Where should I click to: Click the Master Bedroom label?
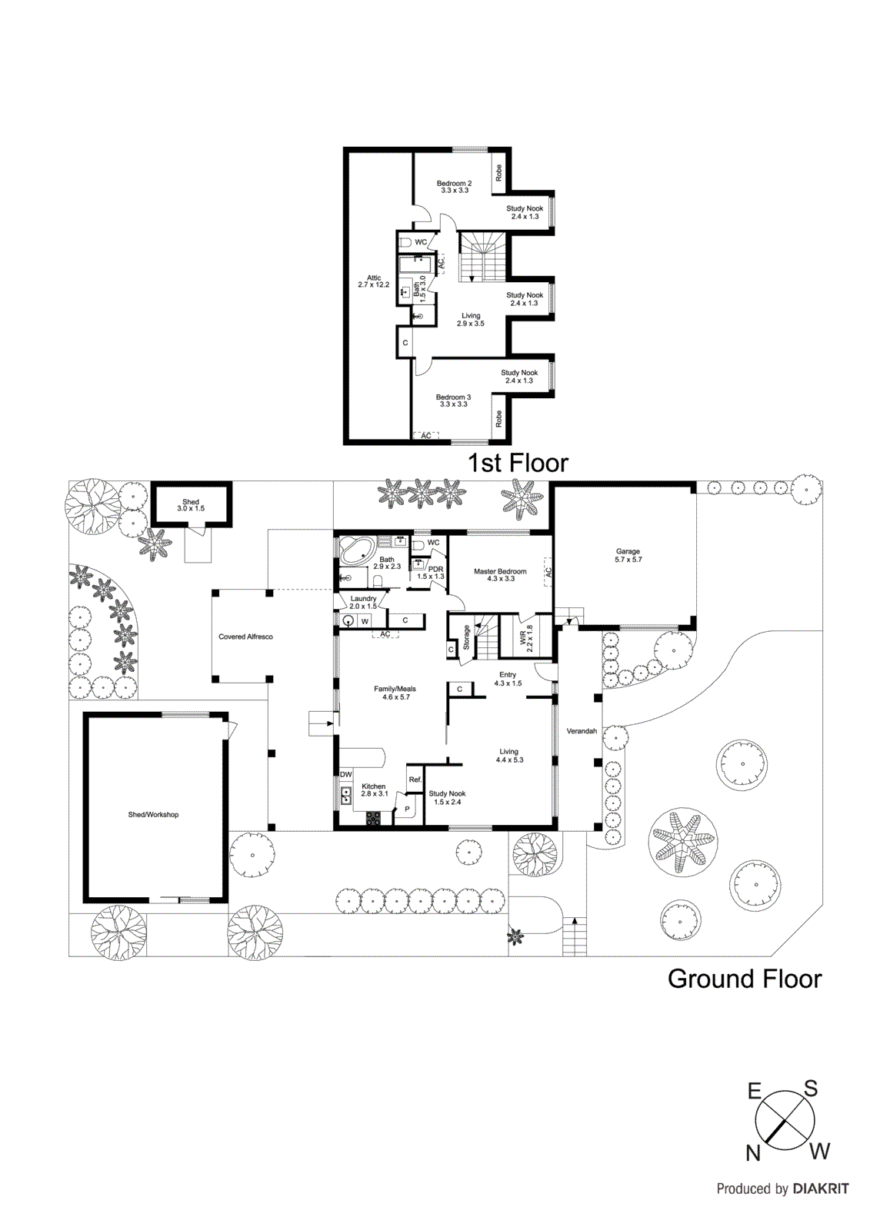click(500, 574)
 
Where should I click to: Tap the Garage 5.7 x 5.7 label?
click(628, 555)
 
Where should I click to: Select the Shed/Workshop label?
click(153, 814)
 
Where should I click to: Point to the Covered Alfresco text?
click(245, 637)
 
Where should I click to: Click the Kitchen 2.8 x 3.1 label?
click(374, 790)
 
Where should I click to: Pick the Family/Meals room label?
click(395, 693)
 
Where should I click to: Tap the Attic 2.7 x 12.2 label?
click(374, 281)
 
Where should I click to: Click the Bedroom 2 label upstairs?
click(455, 186)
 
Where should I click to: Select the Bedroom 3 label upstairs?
click(454, 401)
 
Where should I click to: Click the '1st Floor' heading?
click(518, 463)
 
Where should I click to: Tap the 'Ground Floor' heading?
click(744, 979)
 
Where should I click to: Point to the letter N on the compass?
click(753, 1153)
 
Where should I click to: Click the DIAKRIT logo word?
click(821, 1188)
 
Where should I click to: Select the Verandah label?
click(582, 731)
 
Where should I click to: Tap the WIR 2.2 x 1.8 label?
click(526, 638)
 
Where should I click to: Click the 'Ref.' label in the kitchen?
click(415, 780)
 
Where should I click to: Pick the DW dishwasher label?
click(346, 774)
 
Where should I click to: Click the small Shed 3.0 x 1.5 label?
click(191, 505)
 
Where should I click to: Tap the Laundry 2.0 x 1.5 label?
click(364, 602)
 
